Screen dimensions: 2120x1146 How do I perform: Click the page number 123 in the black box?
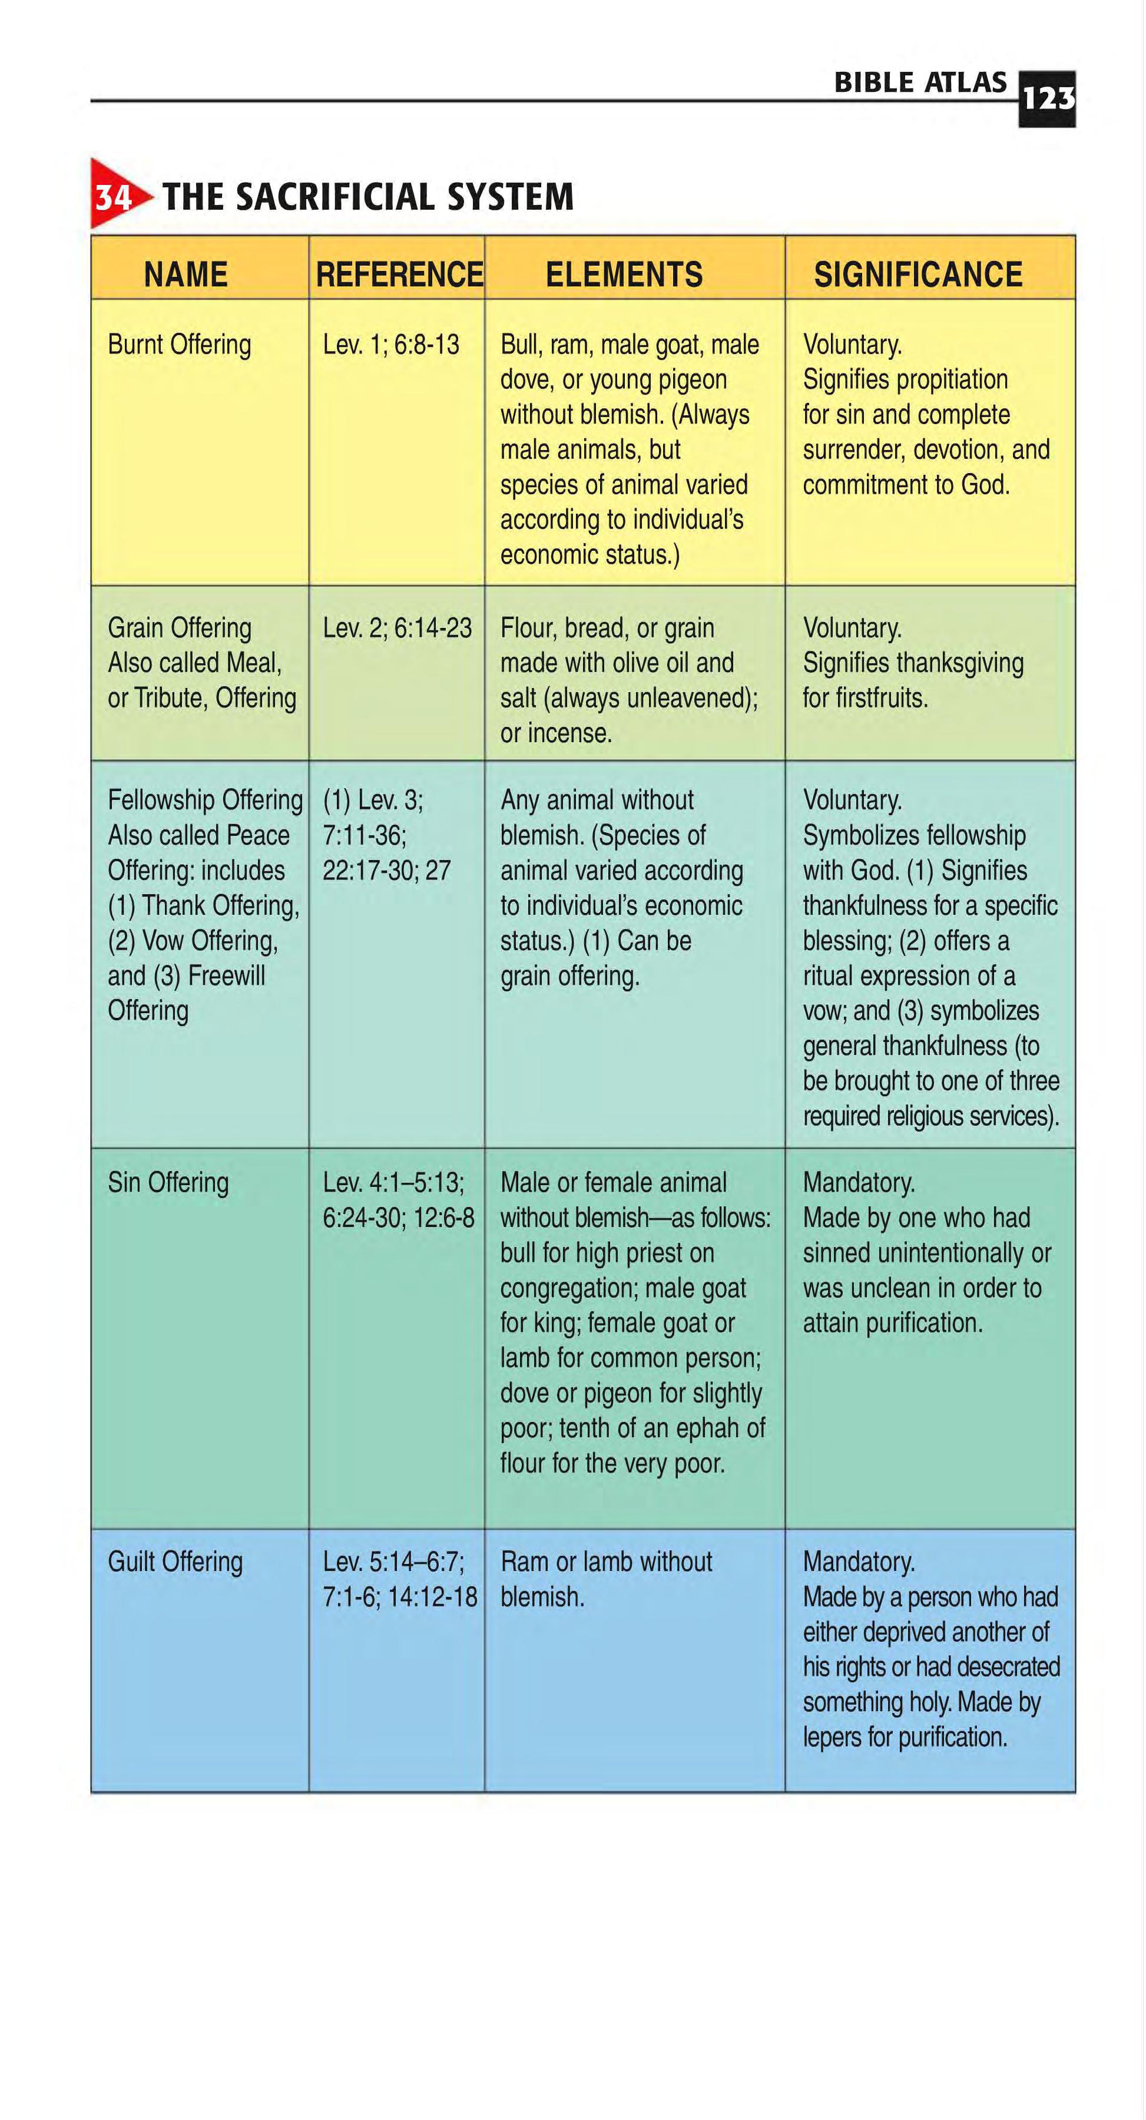1046,99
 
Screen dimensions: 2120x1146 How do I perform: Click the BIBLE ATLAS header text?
920,82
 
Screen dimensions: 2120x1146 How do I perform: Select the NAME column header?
186,274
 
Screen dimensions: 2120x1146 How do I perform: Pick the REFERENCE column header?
399,274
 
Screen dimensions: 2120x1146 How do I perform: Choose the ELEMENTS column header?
624,274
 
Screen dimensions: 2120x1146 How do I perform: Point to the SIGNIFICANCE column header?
918,274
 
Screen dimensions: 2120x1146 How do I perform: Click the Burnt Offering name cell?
180,344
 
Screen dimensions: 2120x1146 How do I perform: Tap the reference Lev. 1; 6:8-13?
391,344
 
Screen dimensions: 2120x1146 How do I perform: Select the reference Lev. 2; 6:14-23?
396,628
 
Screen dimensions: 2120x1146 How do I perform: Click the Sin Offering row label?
168,1183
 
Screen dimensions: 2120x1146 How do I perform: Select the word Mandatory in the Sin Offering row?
858,1183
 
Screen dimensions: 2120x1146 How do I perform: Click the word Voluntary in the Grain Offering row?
852,628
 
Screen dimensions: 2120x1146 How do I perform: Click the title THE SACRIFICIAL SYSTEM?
367,197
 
